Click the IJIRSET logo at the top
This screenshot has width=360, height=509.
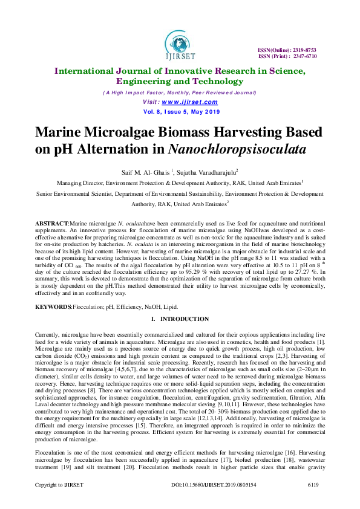[179, 43]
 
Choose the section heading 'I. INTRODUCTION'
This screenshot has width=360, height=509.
[180, 319]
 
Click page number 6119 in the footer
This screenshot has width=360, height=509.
[314, 502]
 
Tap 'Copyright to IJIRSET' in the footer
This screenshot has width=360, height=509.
[59, 502]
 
